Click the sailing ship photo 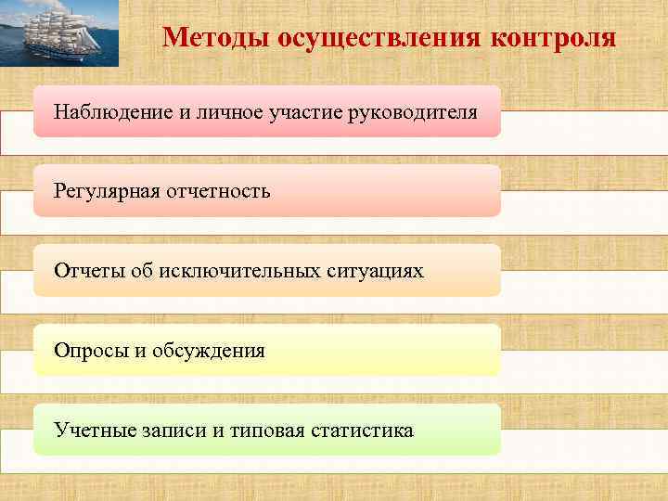click(59, 34)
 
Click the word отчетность click(219, 192)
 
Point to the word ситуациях click(378, 272)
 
